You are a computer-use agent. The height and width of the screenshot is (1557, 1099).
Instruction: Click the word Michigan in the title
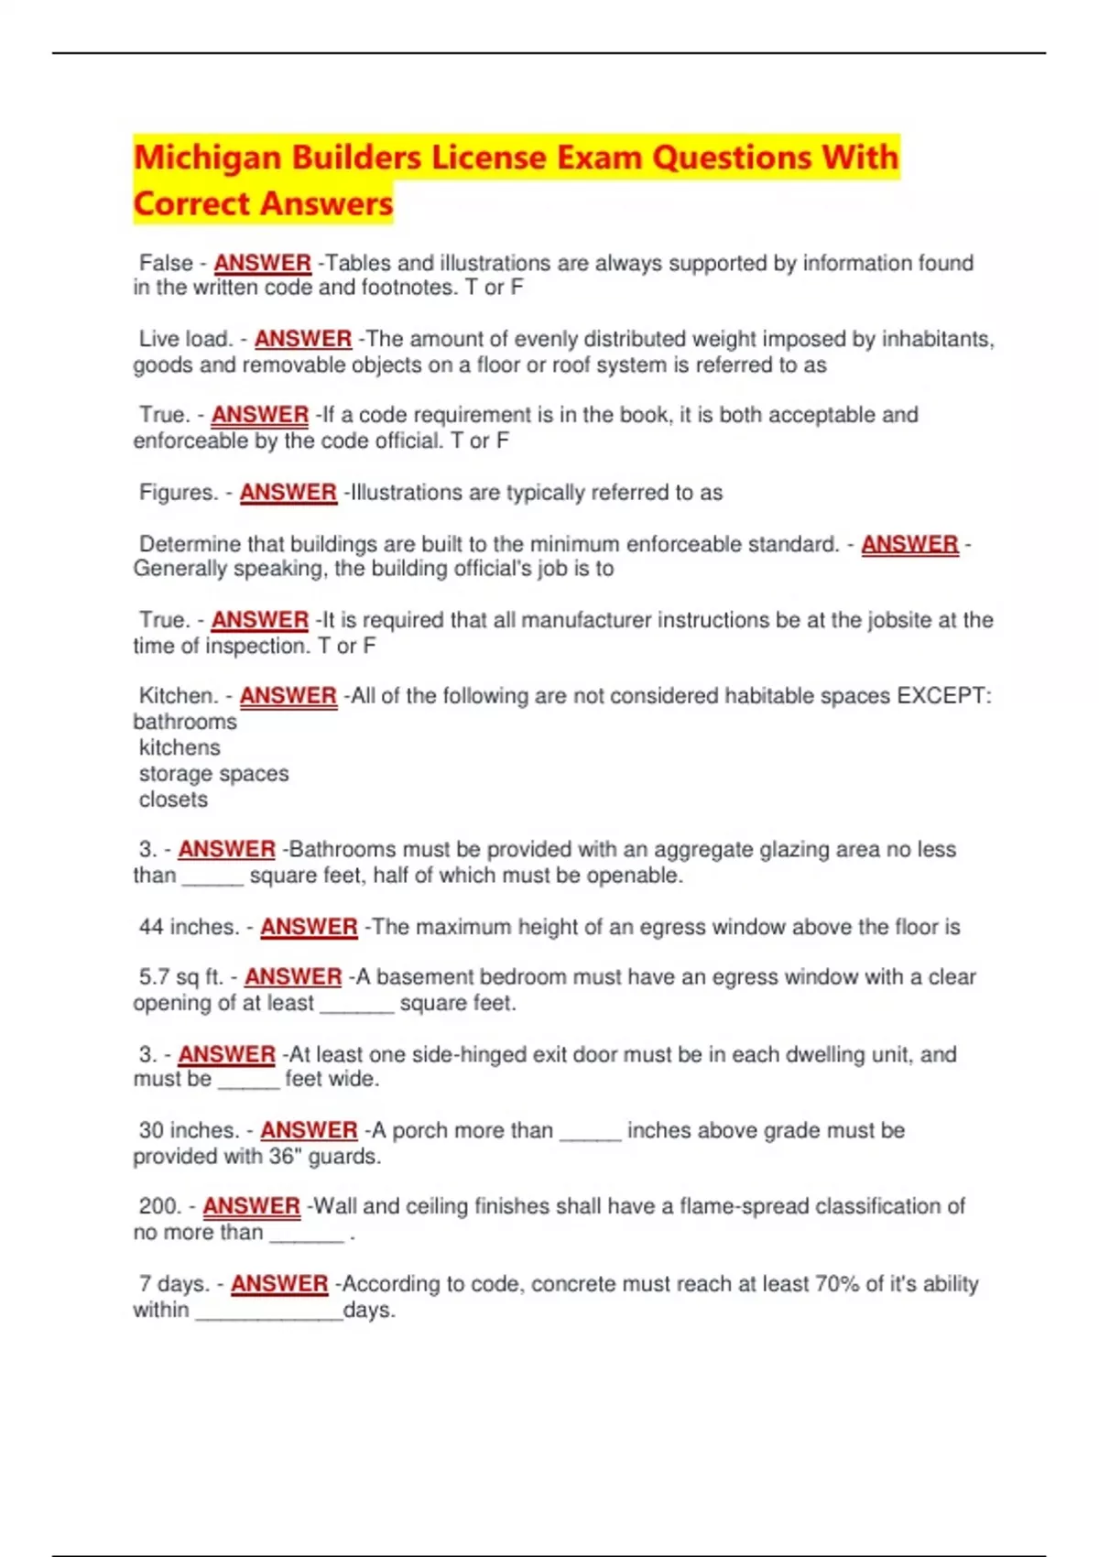pos(208,158)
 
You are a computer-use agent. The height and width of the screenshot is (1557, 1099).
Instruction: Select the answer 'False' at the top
pos(166,263)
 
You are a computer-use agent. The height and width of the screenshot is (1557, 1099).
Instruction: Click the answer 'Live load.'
pos(185,339)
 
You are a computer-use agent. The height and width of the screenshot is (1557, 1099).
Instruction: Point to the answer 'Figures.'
pos(179,493)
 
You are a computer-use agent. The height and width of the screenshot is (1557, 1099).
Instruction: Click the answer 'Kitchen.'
pos(179,696)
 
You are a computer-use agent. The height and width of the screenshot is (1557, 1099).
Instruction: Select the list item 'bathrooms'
pos(185,722)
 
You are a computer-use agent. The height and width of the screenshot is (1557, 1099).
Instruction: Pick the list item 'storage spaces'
pos(213,774)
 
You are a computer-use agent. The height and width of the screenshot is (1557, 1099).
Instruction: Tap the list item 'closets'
pos(173,800)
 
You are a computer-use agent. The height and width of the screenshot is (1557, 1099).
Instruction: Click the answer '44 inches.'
pos(189,927)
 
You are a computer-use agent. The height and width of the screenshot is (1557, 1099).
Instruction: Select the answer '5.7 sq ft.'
pos(181,977)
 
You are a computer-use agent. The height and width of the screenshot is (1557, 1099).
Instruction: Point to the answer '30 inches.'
pos(189,1130)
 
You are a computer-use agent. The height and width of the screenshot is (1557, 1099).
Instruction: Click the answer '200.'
pos(160,1206)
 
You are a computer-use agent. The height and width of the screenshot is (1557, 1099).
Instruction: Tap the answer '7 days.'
pos(174,1284)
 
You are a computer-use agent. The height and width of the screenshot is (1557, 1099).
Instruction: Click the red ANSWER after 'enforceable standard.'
pos(909,544)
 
